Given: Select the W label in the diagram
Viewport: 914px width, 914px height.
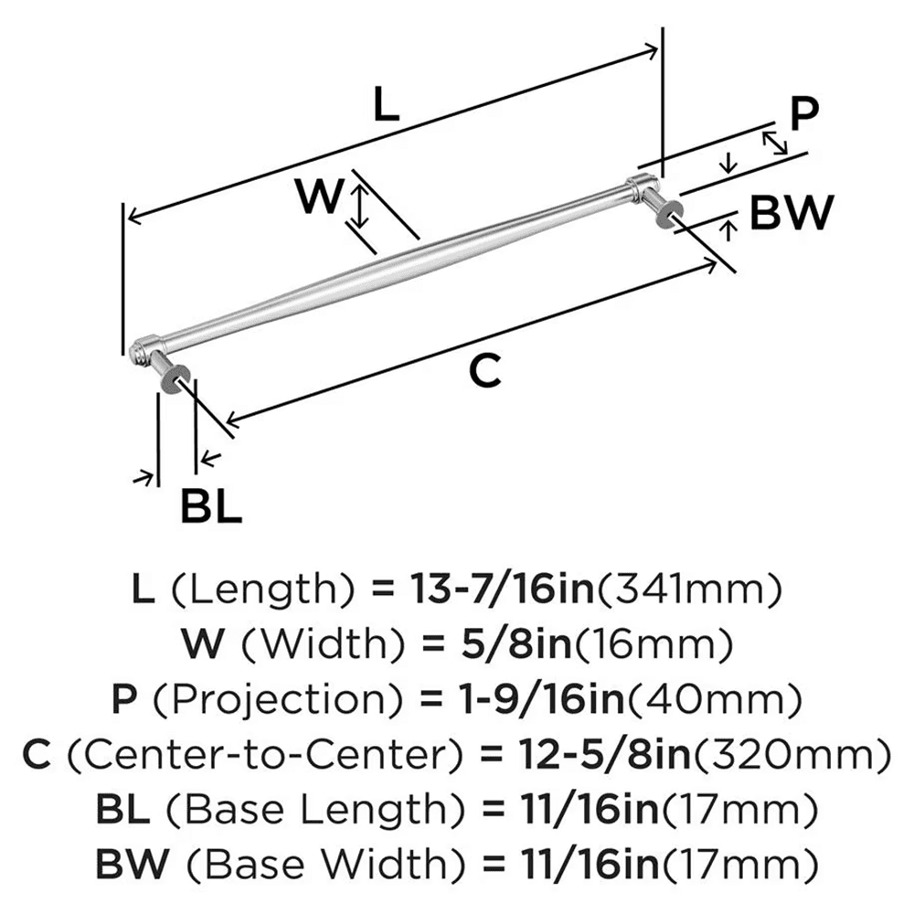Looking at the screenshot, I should [320, 195].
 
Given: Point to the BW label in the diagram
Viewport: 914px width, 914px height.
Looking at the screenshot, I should [792, 213].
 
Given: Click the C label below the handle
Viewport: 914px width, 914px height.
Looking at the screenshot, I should [485, 371].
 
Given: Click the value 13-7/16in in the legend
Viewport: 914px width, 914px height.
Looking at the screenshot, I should [483, 591].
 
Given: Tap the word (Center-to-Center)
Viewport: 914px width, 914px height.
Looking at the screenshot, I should [265, 756].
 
